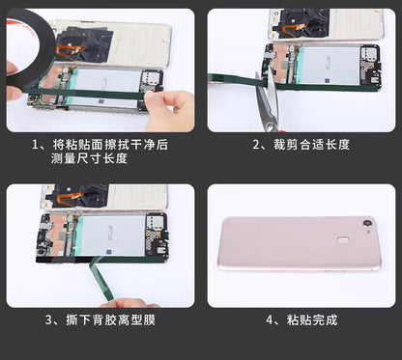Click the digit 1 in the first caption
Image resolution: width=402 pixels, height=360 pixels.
[36, 145]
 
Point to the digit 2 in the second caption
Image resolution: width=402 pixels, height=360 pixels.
[256, 145]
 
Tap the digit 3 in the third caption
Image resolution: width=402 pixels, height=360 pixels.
[48, 320]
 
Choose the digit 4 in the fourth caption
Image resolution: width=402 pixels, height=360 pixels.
[270, 320]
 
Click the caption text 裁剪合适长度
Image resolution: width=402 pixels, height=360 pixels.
[311, 145]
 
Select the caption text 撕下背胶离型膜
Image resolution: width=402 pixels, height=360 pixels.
[110, 320]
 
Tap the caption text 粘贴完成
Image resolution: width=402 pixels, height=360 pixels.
[312, 320]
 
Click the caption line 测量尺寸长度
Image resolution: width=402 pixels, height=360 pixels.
[89, 158]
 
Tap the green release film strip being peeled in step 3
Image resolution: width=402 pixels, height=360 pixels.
[101, 279]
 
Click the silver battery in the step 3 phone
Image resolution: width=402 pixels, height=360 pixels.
[112, 235]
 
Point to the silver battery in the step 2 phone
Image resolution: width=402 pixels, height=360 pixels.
[329, 65]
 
